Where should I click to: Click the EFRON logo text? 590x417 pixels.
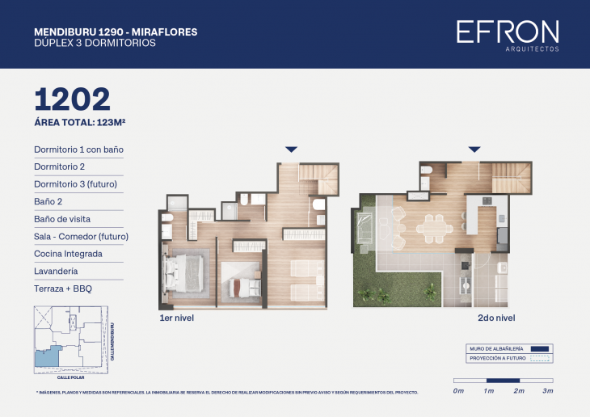[x=508, y=32]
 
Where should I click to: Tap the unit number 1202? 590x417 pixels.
[x=72, y=99]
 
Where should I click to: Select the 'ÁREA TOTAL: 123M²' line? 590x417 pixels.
[x=79, y=123]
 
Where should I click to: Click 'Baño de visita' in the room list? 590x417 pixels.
[x=62, y=219]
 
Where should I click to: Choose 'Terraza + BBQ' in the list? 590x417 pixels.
[x=64, y=289]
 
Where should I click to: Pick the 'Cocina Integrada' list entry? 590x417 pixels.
[x=68, y=254]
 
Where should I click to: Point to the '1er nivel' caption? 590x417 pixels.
[x=177, y=318]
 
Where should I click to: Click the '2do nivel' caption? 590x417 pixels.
[x=496, y=318]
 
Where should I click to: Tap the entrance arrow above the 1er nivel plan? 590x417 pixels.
[x=292, y=150]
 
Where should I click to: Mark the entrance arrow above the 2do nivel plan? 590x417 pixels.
[x=474, y=150]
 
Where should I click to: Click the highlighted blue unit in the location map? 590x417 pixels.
[x=48, y=356]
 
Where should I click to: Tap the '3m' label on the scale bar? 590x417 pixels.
[x=547, y=391]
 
